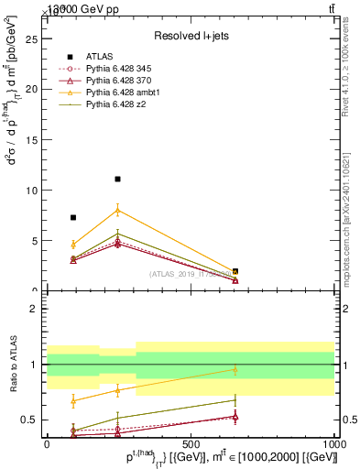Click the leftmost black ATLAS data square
click(x=73, y=217)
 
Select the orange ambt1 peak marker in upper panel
click(x=117, y=210)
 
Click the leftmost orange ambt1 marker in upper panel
click(x=73, y=245)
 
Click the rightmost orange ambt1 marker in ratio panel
click(x=235, y=370)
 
